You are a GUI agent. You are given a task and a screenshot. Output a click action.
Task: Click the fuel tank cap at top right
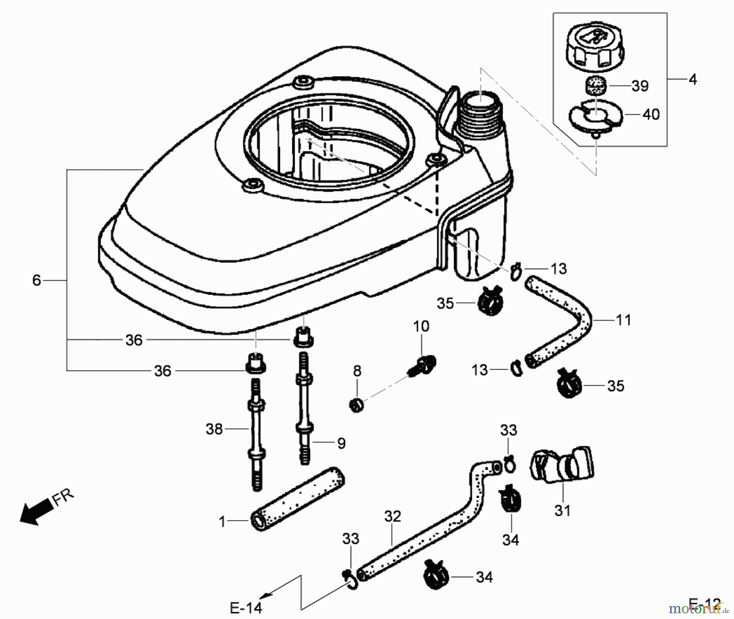click(595, 51)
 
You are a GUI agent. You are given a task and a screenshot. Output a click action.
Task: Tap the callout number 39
click(640, 86)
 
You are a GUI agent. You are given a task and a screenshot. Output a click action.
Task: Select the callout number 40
click(651, 115)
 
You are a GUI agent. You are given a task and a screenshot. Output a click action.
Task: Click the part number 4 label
click(692, 80)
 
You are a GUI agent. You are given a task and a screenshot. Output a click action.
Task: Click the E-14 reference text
click(246, 608)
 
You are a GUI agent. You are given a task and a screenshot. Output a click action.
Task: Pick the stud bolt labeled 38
click(256, 434)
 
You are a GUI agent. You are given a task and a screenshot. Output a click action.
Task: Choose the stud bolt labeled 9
click(304, 408)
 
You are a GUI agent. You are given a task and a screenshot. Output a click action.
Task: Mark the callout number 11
click(623, 320)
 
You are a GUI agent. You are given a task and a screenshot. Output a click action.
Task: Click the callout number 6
click(37, 281)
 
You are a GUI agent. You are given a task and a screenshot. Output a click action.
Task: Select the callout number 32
click(393, 517)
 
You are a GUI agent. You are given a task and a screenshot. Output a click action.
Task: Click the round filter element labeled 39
click(596, 87)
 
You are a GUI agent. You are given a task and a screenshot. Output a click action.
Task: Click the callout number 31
click(563, 510)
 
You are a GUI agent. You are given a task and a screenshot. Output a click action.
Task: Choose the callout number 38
click(214, 429)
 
